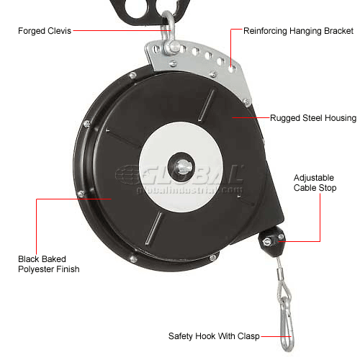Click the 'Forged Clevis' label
pos(45,31)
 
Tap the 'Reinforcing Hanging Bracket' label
pos(298,31)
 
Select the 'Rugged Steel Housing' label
pos(313,118)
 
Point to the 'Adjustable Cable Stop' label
pos(315,183)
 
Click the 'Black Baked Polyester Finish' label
pos(49,264)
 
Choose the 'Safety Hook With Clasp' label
pos(214,336)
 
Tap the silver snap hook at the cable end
pos(286,323)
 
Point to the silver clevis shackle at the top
pos(169,36)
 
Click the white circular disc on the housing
pos(181,167)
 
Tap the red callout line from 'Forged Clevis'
pos(122,31)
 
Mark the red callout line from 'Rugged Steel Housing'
pos(251,117)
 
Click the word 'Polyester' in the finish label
pos(37,269)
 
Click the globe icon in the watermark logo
pos(127,174)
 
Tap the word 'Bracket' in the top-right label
pos(338,31)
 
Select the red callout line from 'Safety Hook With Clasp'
pos(276,336)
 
